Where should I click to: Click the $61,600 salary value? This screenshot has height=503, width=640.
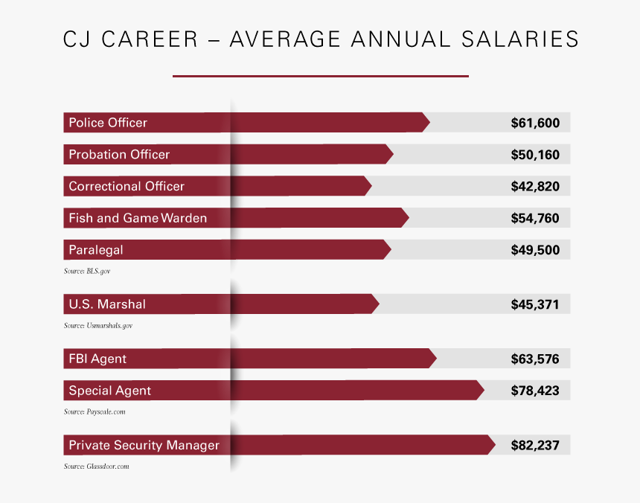[x=535, y=123]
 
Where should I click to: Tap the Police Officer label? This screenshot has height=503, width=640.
[x=108, y=123]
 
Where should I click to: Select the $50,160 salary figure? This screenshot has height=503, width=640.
[x=535, y=155]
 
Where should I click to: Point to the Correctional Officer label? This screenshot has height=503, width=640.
[x=127, y=187]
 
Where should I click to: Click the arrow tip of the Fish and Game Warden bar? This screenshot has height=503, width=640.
[x=406, y=218]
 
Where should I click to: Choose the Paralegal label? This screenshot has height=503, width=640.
[x=96, y=250]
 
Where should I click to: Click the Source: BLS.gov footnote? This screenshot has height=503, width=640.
[x=86, y=272]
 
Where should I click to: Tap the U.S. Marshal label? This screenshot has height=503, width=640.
[x=107, y=304]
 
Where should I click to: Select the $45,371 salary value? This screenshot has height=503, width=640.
[x=535, y=304]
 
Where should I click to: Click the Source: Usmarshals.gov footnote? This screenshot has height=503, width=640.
[x=97, y=326]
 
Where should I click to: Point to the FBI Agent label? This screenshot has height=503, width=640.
[x=97, y=359]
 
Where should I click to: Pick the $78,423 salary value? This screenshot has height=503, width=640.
[x=535, y=391]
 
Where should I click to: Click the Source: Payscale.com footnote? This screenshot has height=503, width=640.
[x=93, y=411]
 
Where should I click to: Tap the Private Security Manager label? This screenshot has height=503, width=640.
[x=144, y=446]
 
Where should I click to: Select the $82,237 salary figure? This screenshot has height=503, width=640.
[x=535, y=446]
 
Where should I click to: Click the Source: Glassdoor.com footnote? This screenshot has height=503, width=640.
[x=96, y=467]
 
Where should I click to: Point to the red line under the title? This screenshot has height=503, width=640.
[x=320, y=76]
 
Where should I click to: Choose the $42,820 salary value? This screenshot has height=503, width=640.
[x=535, y=187]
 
